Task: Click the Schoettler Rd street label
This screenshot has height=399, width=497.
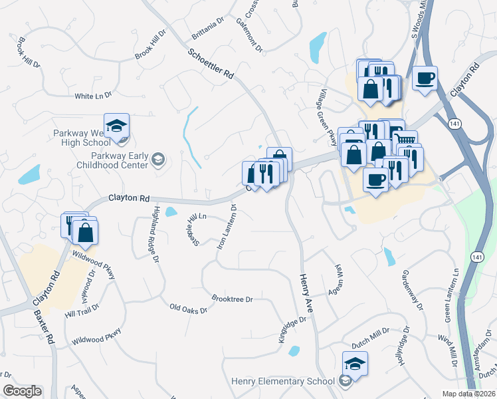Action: pos(211,65)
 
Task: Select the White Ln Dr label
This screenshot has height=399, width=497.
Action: pos(93,96)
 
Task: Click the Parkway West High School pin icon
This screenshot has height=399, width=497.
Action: pos(116,127)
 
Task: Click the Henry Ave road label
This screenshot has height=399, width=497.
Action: pos(306,293)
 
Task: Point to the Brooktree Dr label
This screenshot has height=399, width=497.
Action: pos(232,299)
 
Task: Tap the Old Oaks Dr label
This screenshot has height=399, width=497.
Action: pos(189,309)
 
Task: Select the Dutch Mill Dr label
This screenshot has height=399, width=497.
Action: pos(370,338)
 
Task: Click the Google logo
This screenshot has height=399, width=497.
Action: pos(22,391)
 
